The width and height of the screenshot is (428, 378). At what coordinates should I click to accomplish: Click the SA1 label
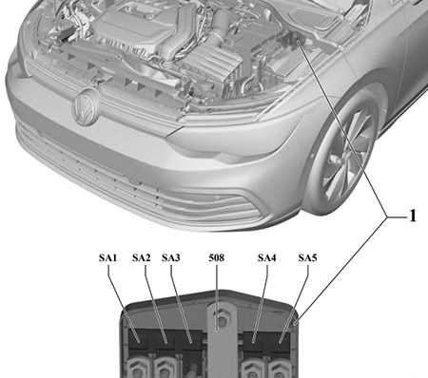click(x=107, y=258)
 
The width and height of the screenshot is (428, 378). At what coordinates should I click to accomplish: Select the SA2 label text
click(x=141, y=258)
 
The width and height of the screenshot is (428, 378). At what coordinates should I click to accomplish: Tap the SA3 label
click(x=171, y=258)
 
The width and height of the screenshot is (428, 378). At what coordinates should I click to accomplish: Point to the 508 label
click(x=216, y=258)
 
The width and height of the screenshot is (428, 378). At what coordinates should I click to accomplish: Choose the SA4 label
click(x=267, y=258)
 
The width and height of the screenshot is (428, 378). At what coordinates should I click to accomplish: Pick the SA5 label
click(x=307, y=258)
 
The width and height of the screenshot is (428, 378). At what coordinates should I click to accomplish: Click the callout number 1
click(x=413, y=217)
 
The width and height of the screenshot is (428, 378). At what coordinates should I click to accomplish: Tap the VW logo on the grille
click(x=85, y=106)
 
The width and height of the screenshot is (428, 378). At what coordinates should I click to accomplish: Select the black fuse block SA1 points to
click(x=141, y=340)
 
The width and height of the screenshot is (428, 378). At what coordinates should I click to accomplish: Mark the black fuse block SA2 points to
click(x=165, y=340)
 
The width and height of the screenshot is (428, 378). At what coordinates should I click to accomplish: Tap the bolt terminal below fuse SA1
click(x=138, y=368)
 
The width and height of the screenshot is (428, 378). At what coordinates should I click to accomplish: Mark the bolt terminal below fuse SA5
click(x=279, y=369)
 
